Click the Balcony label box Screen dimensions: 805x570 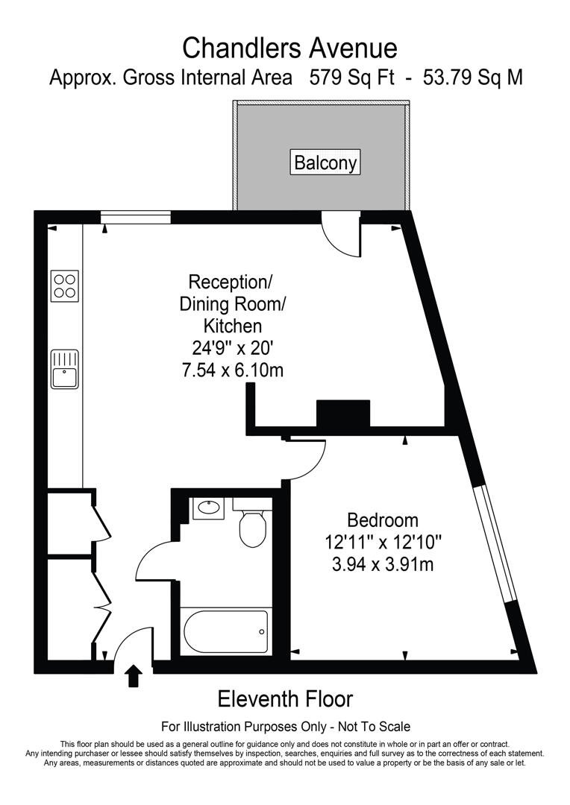click(x=325, y=162)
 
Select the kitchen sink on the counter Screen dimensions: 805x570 click(x=65, y=370)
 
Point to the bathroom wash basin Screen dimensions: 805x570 click(x=207, y=509)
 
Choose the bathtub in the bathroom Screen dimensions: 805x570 click(x=225, y=632)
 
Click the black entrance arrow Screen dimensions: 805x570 click(x=134, y=675)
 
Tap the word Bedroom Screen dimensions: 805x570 click(x=383, y=520)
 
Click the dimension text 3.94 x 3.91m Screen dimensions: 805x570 click(x=383, y=564)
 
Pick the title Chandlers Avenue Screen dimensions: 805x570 click(x=290, y=48)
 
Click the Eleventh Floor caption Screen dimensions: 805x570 click(x=284, y=699)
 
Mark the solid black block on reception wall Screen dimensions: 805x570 click(x=343, y=413)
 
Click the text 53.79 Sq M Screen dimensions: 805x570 click(x=472, y=77)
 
